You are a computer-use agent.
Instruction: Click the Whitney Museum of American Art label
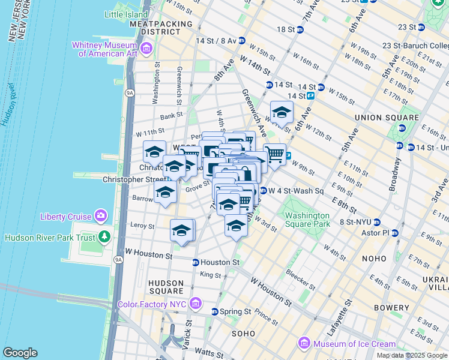[106, 49]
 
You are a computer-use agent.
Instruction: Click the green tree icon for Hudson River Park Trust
[105, 237]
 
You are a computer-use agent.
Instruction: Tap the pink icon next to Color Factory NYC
[194, 304]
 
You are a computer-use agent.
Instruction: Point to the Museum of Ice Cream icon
[304, 344]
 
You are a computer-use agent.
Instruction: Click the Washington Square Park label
[307, 220]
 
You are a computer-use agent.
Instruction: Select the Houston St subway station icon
[195, 262]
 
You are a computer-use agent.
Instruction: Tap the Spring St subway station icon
[214, 311]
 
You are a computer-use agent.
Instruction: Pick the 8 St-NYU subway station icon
[377, 221]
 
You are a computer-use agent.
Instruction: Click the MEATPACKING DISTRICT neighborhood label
[161, 28]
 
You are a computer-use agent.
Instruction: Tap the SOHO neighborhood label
[243, 333]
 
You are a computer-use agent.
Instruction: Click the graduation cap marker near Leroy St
[182, 230]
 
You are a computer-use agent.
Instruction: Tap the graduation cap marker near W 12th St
[282, 112]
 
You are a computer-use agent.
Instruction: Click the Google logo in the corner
[20, 353]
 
